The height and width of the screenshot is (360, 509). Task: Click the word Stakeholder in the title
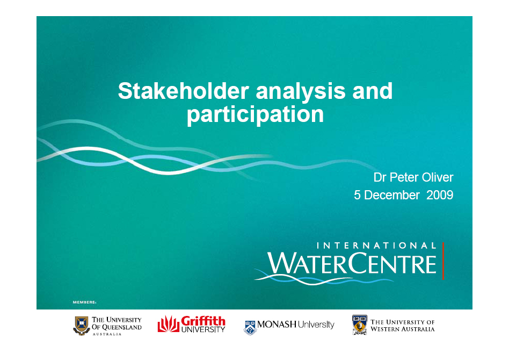184,91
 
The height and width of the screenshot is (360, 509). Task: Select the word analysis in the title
301,92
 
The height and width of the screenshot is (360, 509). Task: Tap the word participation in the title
255,115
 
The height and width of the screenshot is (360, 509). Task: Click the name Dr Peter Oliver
413,177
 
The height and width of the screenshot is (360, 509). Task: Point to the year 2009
440,195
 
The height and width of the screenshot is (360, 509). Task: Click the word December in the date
392,195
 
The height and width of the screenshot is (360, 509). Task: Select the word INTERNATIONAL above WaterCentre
376,246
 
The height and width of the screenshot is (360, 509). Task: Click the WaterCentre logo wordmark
352,263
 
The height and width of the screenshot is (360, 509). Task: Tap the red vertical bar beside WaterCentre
443,261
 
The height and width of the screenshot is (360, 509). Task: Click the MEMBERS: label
84,302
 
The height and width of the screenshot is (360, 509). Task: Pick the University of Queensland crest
82,326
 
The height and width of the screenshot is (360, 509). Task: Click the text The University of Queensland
117,323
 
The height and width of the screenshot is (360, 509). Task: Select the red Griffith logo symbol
169,324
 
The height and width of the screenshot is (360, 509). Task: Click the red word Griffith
203,321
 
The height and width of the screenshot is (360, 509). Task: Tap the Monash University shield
250,328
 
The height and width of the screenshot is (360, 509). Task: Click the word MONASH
277,324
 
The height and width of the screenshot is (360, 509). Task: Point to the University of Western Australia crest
360,325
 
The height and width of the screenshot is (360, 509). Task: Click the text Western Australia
403,329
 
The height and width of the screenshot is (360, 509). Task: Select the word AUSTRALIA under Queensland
107,334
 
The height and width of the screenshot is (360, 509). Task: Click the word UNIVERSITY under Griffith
203,329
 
